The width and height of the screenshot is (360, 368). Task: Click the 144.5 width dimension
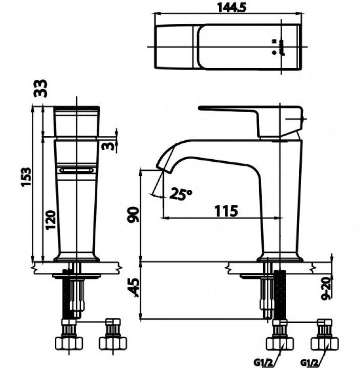(x=228, y=8)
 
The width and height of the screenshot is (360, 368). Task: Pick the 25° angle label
(x=181, y=193)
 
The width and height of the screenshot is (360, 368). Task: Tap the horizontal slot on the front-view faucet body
(x=76, y=170)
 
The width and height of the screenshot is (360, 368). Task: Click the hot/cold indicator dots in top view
(x=274, y=46)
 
